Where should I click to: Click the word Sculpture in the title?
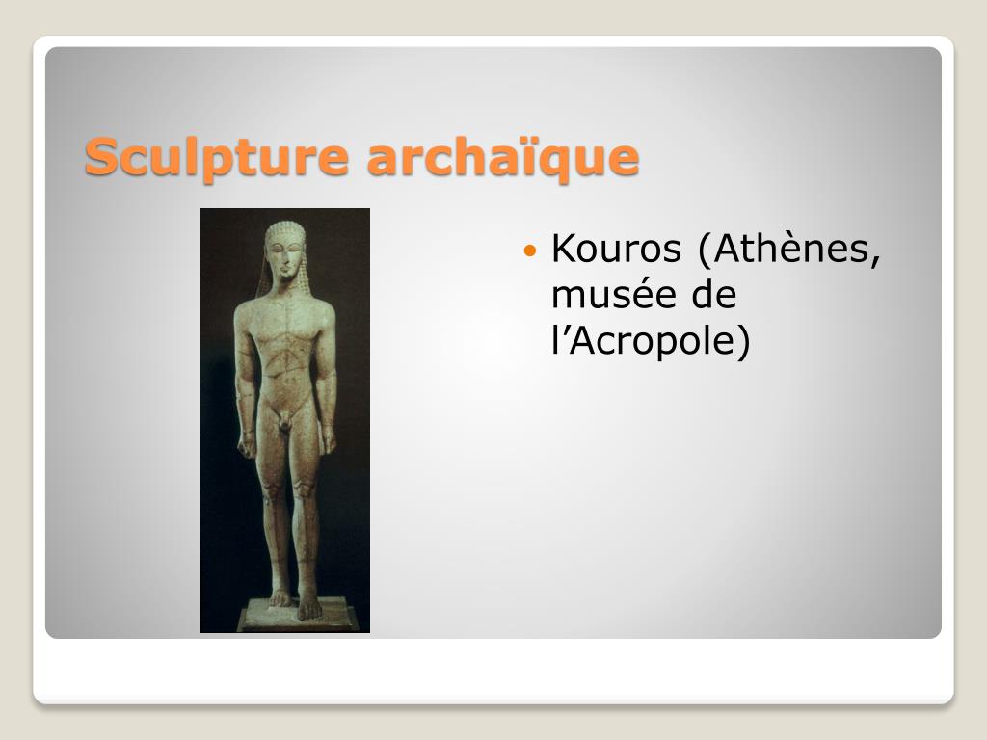click(x=217, y=157)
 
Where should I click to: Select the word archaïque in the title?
click(x=503, y=157)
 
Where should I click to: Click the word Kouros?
click(x=616, y=248)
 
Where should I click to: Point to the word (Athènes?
click(x=789, y=250)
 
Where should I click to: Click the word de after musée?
click(x=714, y=295)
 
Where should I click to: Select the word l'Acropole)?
click(x=651, y=341)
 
